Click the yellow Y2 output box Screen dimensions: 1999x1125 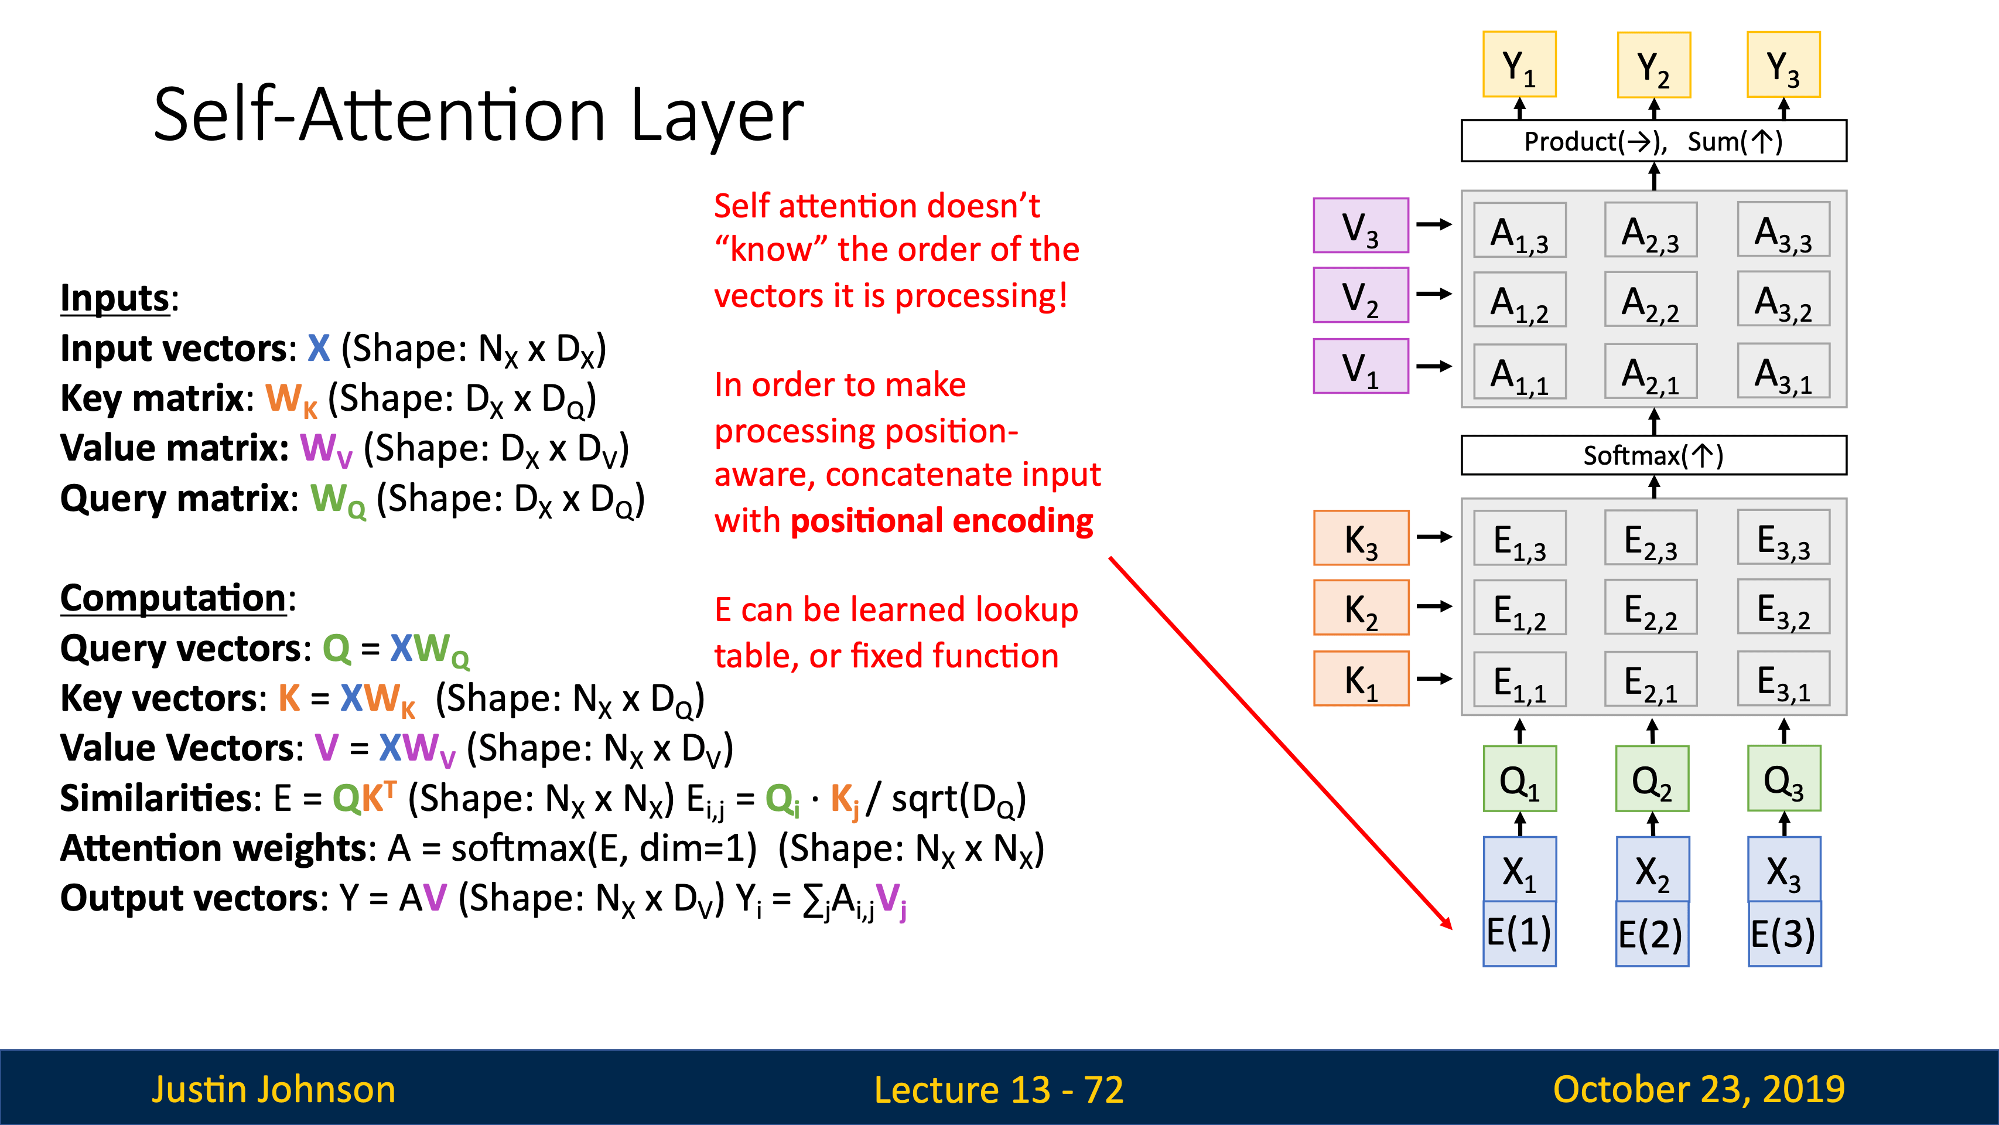pyautogui.click(x=1653, y=65)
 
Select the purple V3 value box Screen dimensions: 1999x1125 pyautogui.click(x=1361, y=225)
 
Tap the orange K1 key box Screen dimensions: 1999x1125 pyautogui.click(x=1361, y=679)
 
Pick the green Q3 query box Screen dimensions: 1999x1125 pyautogui.click(x=1784, y=779)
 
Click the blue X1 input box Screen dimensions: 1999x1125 pyautogui.click(x=1519, y=870)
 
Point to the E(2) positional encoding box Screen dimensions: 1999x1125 pyautogui.click(x=1652, y=934)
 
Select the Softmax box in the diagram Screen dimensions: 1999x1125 pyautogui.click(x=1653, y=455)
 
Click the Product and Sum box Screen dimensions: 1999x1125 pyautogui.click(x=1653, y=141)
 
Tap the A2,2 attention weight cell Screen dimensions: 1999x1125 pyautogui.click(x=1651, y=299)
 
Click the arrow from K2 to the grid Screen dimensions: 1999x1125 pyautogui.click(x=1434, y=606)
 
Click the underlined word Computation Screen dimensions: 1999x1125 pyautogui.click(x=173, y=599)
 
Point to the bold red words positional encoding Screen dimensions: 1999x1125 pyautogui.click(x=941, y=521)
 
